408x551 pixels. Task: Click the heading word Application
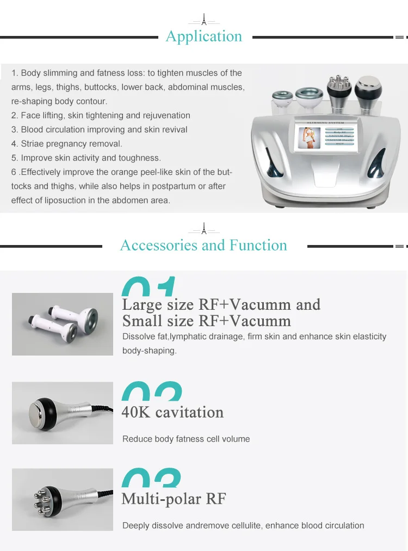(x=204, y=36)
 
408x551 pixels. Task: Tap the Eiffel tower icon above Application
(x=204, y=20)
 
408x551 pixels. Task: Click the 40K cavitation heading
(x=172, y=412)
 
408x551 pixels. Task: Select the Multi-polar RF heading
(x=174, y=499)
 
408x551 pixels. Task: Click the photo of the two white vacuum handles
(x=63, y=324)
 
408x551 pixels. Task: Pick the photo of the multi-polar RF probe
(x=63, y=499)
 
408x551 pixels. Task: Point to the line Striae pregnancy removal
(x=67, y=144)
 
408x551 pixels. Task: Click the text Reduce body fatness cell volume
(x=186, y=439)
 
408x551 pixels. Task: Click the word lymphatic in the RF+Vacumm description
(x=188, y=336)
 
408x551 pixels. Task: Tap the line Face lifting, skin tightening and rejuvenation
(x=101, y=115)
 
